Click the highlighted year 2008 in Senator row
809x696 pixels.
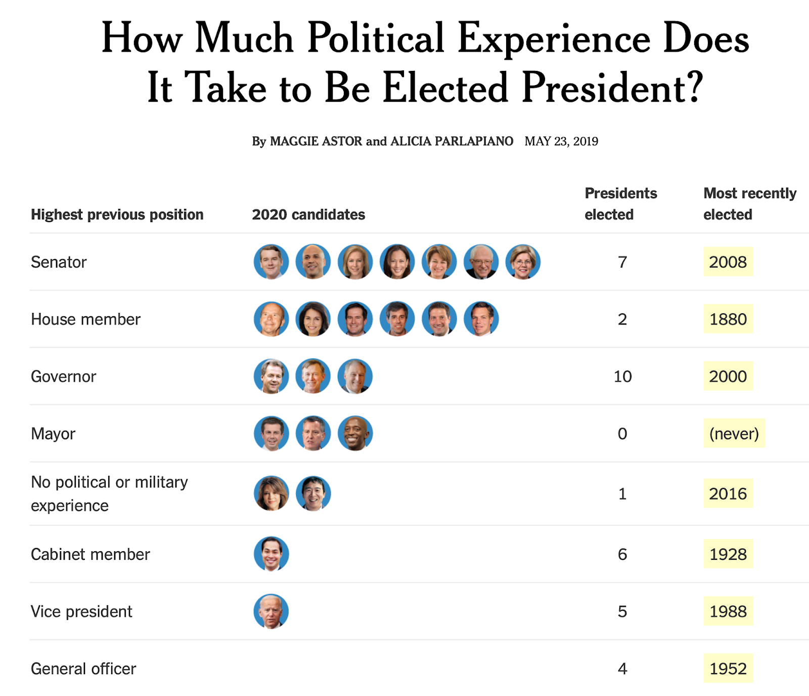point(728,262)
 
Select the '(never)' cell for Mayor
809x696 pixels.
point(734,433)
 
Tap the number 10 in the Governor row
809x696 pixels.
point(622,376)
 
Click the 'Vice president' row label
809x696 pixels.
point(81,611)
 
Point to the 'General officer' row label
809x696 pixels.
point(83,669)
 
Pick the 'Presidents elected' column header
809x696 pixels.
point(620,203)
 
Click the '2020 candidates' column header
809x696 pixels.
point(308,215)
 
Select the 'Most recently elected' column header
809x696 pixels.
point(749,203)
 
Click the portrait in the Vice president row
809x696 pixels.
point(272,611)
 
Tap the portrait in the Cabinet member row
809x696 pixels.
point(272,554)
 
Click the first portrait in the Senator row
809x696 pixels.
point(272,262)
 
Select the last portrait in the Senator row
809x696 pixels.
point(523,262)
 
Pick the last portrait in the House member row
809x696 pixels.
point(481,319)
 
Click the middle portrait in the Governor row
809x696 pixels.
point(313,376)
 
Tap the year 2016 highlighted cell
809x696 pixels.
point(728,494)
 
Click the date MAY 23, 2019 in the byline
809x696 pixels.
point(561,141)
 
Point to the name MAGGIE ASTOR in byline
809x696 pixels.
point(316,141)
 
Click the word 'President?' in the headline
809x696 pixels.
point(612,88)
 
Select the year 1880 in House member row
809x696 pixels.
point(728,319)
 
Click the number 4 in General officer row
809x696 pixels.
point(622,669)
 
